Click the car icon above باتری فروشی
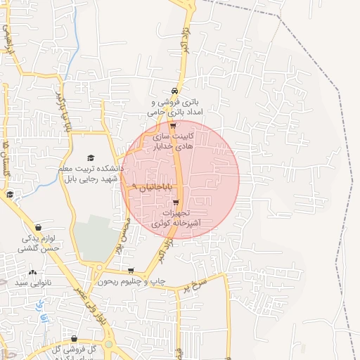[174, 91]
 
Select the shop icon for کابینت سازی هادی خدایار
[173, 126]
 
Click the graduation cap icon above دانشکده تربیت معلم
[90, 157]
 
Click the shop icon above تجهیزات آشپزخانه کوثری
[176, 202]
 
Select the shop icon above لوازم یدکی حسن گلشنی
[37, 227]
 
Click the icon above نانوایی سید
[32, 272]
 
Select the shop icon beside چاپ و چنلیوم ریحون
[131, 271]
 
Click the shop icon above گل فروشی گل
[75, 338]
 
